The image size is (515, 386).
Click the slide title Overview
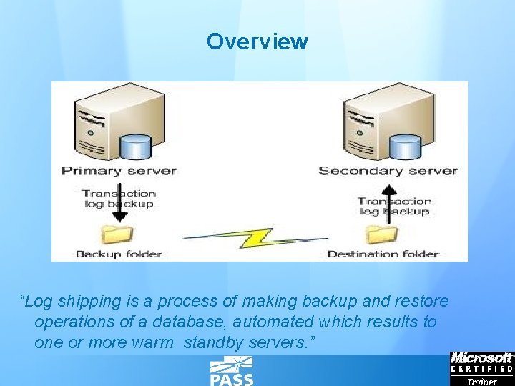pyautogui.click(x=257, y=41)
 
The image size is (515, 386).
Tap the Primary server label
pyautogui.click(x=118, y=171)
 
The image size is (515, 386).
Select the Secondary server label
pyautogui.click(x=388, y=171)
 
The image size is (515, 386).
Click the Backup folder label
pyautogui.click(x=119, y=254)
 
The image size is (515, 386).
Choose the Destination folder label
pyautogui.click(x=383, y=254)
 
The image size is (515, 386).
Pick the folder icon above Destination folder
pyautogui.click(x=382, y=234)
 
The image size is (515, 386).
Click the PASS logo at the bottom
pyautogui.click(x=231, y=372)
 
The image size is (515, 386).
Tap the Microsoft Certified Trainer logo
pyautogui.click(x=481, y=368)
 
